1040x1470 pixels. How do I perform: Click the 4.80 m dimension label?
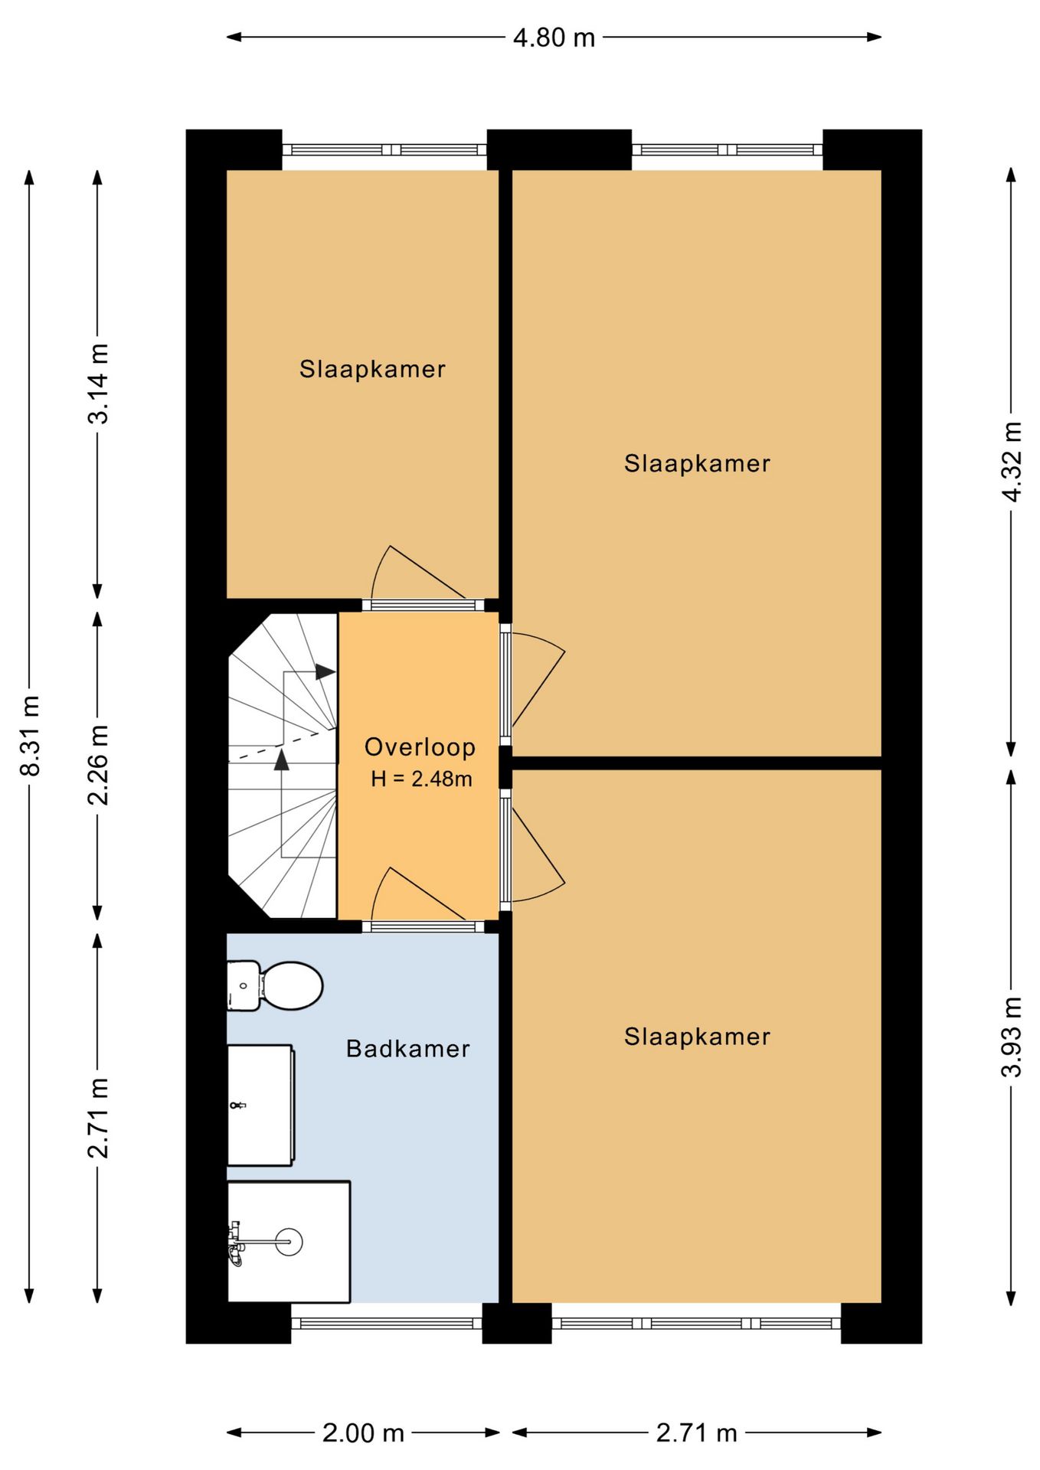(x=554, y=38)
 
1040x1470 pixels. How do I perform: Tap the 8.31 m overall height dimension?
(x=30, y=735)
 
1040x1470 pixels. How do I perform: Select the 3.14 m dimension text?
(x=98, y=384)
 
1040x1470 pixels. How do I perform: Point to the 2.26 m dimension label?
(x=98, y=764)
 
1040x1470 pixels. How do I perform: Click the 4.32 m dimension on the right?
(x=1012, y=462)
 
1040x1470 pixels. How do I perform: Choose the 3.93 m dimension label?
(x=1012, y=1037)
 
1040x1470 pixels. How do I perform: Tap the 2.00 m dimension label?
(x=363, y=1432)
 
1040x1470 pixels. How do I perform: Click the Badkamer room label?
(x=408, y=1048)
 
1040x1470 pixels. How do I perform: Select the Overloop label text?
(x=420, y=746)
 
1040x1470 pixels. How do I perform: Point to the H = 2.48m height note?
(x=421, y=779)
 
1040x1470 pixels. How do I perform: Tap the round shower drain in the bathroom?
(x=289, y=1241)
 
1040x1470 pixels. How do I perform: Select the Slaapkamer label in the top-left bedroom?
(x=372, y=369)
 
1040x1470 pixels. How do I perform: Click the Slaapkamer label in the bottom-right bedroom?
(x=697, y=1037)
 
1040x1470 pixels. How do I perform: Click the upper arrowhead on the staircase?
(x=325, y=671)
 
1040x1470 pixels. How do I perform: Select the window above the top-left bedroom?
(x=384, y=150)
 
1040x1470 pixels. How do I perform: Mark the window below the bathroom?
(x=387, y=1323)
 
